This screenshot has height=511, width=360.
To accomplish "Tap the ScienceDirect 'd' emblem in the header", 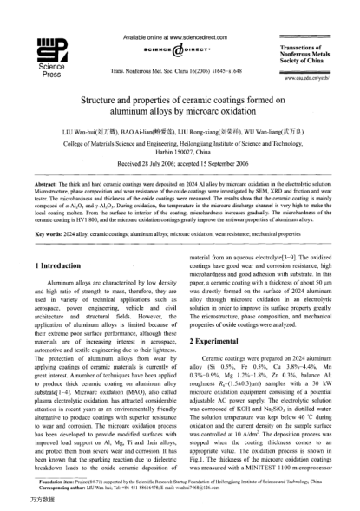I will (x=180, y=47).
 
